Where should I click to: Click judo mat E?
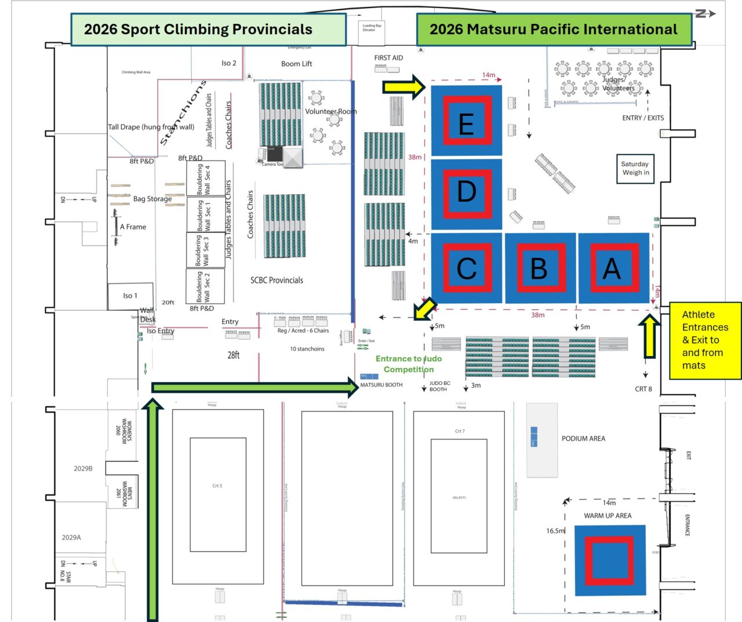tap(467, 121)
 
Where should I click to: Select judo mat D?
tap(467, 192)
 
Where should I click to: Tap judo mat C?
tap(467, 268)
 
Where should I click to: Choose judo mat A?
tap(613, 268)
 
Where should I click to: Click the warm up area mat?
tap(609, 561)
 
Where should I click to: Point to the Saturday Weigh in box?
tap(635, 168)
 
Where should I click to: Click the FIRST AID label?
tap(388, 58)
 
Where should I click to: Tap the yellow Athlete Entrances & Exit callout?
tap(705, 340)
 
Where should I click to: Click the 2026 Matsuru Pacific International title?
tap(554, 30)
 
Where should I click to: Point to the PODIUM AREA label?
tap(583, 439)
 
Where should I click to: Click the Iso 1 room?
tap(130, 296)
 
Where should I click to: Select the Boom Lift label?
tap(296, 64)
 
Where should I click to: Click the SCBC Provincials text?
tap(277, 281)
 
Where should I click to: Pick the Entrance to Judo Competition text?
tap(408, 364)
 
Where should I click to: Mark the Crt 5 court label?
tap(217, 486)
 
